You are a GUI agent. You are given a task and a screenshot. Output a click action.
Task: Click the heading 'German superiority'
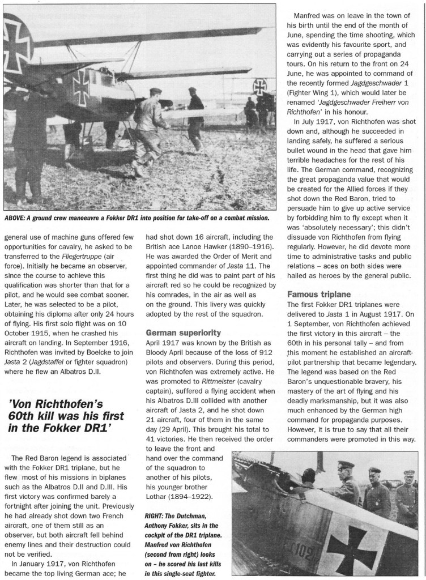click(183, 332)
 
